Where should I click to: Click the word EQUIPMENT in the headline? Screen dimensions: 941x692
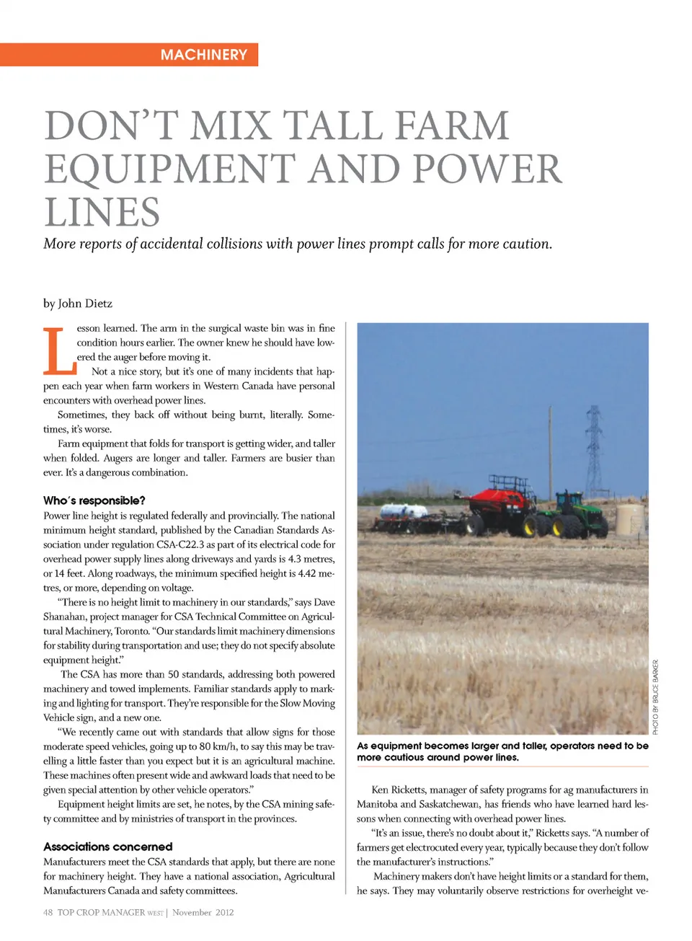point(170,169)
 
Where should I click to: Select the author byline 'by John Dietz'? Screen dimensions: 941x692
point(78,304)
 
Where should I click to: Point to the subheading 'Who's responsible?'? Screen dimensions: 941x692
point(94,500)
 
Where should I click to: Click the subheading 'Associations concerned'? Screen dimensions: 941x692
point(108,847)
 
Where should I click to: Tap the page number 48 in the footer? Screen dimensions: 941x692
point(48,913)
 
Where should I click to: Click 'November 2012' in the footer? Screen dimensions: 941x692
point(203,913)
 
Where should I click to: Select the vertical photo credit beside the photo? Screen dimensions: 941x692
point(655,697)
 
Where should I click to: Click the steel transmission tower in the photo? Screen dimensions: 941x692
point(594,451)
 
